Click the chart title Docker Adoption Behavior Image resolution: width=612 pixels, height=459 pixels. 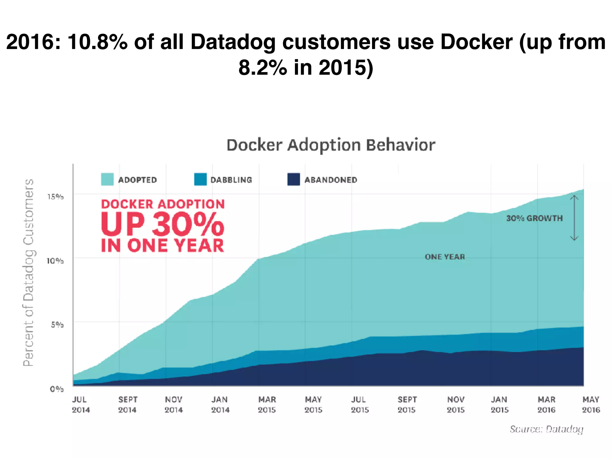331,146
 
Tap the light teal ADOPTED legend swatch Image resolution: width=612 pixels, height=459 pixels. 107,179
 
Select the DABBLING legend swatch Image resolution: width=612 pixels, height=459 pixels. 200,179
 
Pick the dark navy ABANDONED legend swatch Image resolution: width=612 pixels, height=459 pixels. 293,179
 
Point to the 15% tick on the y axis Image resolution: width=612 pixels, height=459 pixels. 56,197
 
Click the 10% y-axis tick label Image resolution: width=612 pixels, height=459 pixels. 55,261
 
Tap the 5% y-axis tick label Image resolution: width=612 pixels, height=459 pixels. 57,325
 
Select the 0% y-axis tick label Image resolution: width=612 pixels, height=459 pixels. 57,389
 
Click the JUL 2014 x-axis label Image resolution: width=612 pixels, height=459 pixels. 80,405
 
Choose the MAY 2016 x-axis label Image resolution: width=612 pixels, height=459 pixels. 591,405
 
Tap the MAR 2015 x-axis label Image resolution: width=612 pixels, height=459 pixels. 267,405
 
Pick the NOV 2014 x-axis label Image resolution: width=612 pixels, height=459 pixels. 173,405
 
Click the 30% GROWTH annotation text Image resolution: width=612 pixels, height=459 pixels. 534,218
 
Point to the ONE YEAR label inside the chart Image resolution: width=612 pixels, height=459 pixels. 445,257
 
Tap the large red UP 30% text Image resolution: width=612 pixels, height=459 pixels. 162,225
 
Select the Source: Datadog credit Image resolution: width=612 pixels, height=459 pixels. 547,429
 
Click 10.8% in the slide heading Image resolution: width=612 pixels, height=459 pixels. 98,42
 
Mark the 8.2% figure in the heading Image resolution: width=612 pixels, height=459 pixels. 263,68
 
